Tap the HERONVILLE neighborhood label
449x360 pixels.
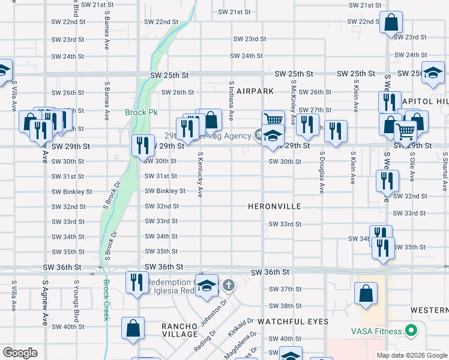(x=274, y=206)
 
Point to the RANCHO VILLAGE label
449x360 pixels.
(x=179, y=330)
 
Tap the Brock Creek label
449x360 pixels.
(x=106, y=300)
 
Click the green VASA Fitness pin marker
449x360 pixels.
(x=411, y=330)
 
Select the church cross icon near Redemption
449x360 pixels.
(x=228, y=284)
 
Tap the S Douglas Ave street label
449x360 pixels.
(x=322, y=172)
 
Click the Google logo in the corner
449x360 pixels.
(x=20, y=353)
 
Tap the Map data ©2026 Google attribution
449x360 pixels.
(x=411, y=355)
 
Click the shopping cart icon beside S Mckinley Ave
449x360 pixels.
(x=273, y=119)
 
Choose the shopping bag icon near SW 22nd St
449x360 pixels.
(x=391, y=23)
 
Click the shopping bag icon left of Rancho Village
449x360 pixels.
(x=133, y=328)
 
